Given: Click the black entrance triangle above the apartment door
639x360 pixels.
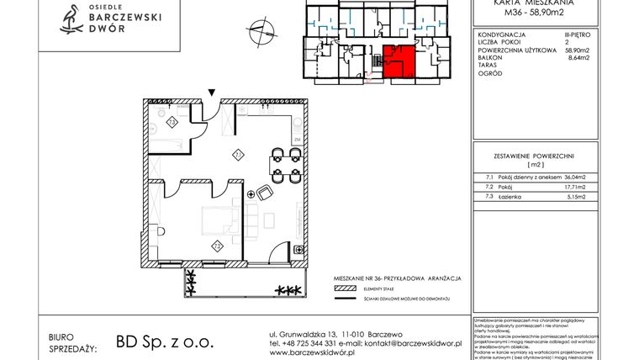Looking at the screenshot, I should tap(213, 92).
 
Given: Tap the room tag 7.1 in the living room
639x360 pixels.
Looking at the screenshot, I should tap(238, 154).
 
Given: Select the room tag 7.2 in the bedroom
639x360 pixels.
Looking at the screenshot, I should tap(216, 245).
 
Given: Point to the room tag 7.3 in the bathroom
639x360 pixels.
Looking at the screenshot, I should tap(171, 123).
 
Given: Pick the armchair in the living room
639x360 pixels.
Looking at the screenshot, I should tap(264, 193).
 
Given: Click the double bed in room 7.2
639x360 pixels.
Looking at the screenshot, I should tap(215, 220).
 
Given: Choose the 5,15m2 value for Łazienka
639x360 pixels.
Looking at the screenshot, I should tap(571, 196).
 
